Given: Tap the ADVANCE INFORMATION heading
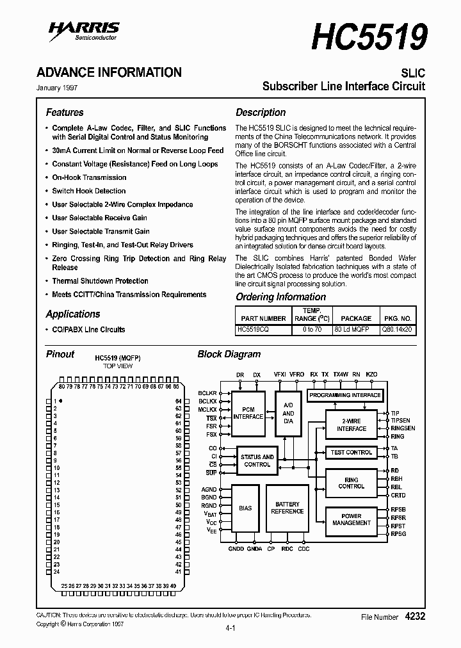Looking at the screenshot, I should pyautogui.click(x=109, y=72).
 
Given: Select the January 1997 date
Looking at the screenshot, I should pyautogui.click(x=57, y=88).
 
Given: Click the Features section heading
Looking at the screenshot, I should pyautogui.click(x=65, y=112).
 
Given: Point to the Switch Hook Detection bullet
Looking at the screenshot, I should pyautogui.click(x=89, y=191).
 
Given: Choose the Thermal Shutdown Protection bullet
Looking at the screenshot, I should pyautogui.click(x=100, y=281).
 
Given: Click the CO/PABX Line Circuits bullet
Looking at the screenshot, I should pyautogui.click(x=88, y=329).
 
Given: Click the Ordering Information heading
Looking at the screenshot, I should pyautogui.click(x=280, y=296).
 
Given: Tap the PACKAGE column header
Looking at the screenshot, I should pyautogui.click(x=356, y=318).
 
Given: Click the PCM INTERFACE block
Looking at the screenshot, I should pyautogui.click(x=248, y=413).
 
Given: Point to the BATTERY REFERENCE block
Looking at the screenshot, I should pyautogui.click(x=287, y=508).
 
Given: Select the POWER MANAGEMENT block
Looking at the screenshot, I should pyautogui.click(x=351, y=519).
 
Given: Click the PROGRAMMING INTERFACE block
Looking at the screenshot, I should pyautogui.click(x=345, y=395).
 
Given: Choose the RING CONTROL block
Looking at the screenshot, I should pyautogui.click(x=351, y=483).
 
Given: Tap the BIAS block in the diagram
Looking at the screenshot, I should pyautogui.click(x=245, y=508).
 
